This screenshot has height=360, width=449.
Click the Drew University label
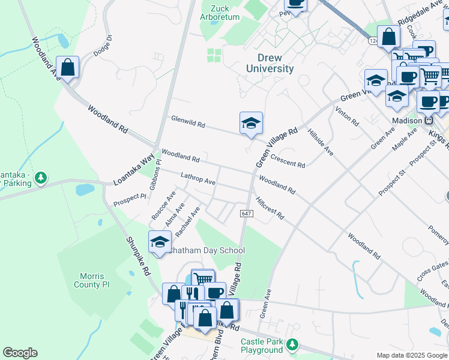270,62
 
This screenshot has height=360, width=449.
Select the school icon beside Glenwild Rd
251,124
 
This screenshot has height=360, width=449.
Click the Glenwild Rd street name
187,122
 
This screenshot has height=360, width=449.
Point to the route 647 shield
246,214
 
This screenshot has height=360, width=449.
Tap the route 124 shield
373,41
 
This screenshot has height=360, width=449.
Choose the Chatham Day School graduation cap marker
160,242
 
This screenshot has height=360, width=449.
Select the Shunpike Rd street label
138,254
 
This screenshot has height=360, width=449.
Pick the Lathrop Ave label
197,178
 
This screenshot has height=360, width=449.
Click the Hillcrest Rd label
270,208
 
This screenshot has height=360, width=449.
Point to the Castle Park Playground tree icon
292,344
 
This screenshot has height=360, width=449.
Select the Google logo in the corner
20,353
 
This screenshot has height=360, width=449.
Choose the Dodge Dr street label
102,46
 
